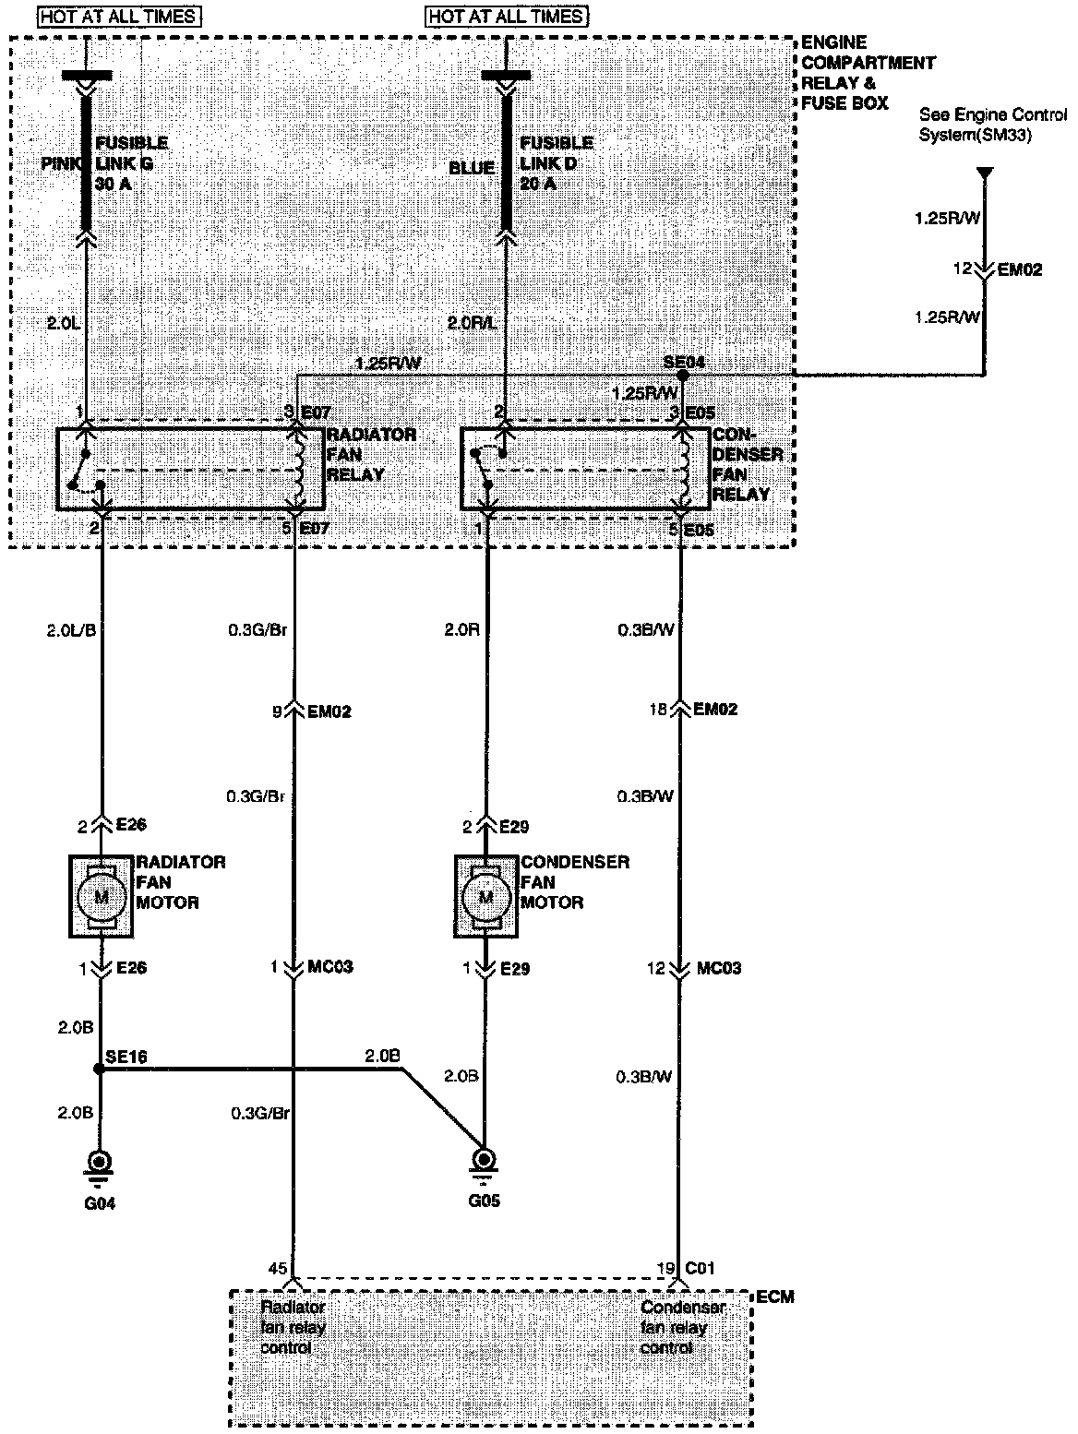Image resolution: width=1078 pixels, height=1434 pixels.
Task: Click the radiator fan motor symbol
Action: pos(102,896)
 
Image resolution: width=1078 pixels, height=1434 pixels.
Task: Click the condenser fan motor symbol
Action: pos(485,896)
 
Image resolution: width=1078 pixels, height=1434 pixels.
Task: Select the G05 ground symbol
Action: pos(482,1163)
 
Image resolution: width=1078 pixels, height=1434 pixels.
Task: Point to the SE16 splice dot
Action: pos(98,1070)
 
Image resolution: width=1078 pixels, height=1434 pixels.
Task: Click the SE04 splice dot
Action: pos(682,376)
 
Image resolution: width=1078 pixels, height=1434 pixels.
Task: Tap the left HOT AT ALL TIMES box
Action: pos(119,17)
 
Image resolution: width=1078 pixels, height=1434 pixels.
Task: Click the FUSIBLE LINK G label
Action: pos(130,162)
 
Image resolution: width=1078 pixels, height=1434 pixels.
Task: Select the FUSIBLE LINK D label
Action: pos(556,162)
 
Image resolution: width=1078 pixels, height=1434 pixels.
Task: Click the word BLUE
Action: pos(472,169)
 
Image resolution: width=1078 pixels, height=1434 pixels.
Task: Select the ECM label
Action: pos(774,1297)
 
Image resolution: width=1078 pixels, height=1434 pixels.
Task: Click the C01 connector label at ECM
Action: pos(700,1269)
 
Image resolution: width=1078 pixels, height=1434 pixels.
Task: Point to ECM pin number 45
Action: pos(277,1269)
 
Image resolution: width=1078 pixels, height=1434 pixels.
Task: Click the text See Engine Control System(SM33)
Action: pos(979,125)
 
